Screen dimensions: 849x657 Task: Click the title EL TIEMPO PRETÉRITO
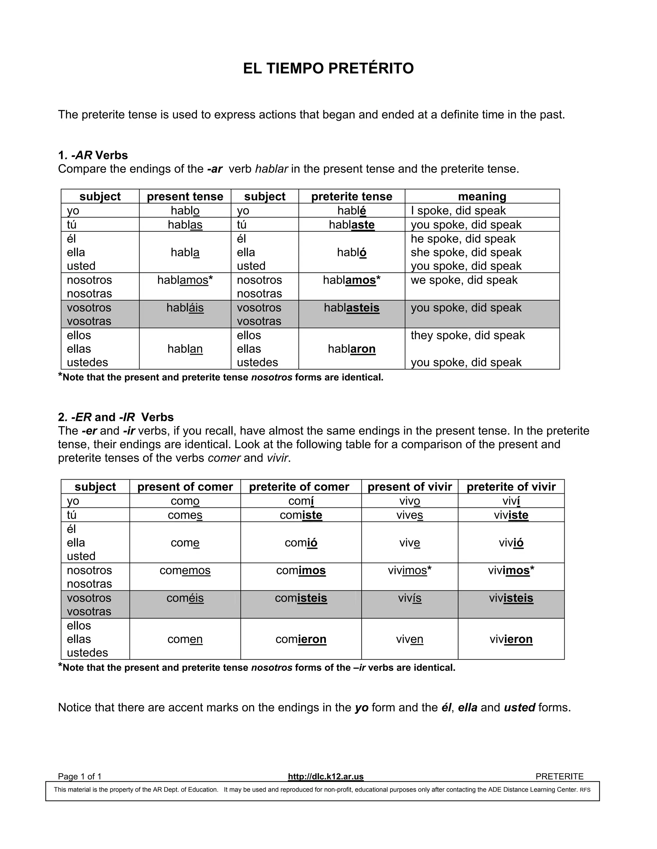pos(328,69)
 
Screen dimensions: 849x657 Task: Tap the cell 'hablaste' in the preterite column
pos(352,225)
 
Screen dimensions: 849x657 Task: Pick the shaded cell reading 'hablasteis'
pos(352,308)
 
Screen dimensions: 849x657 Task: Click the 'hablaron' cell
pos(352,349)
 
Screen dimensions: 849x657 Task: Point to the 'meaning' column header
pos(482,196)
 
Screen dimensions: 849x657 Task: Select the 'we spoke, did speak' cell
pos(464,280)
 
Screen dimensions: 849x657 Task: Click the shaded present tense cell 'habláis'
pos(185,308)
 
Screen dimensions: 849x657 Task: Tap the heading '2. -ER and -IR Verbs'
pos(115,417)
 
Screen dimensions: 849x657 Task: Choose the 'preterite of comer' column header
pos(299,487)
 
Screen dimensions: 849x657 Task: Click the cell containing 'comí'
pos(301,501)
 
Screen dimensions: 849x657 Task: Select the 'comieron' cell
pos(301,639)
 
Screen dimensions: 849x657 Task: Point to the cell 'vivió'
pos(511,542)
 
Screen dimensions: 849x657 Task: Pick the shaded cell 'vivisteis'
pos(511,598)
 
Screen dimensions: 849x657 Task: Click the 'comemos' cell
pos(185,570)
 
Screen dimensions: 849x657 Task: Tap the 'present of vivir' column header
pos(409,487)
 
